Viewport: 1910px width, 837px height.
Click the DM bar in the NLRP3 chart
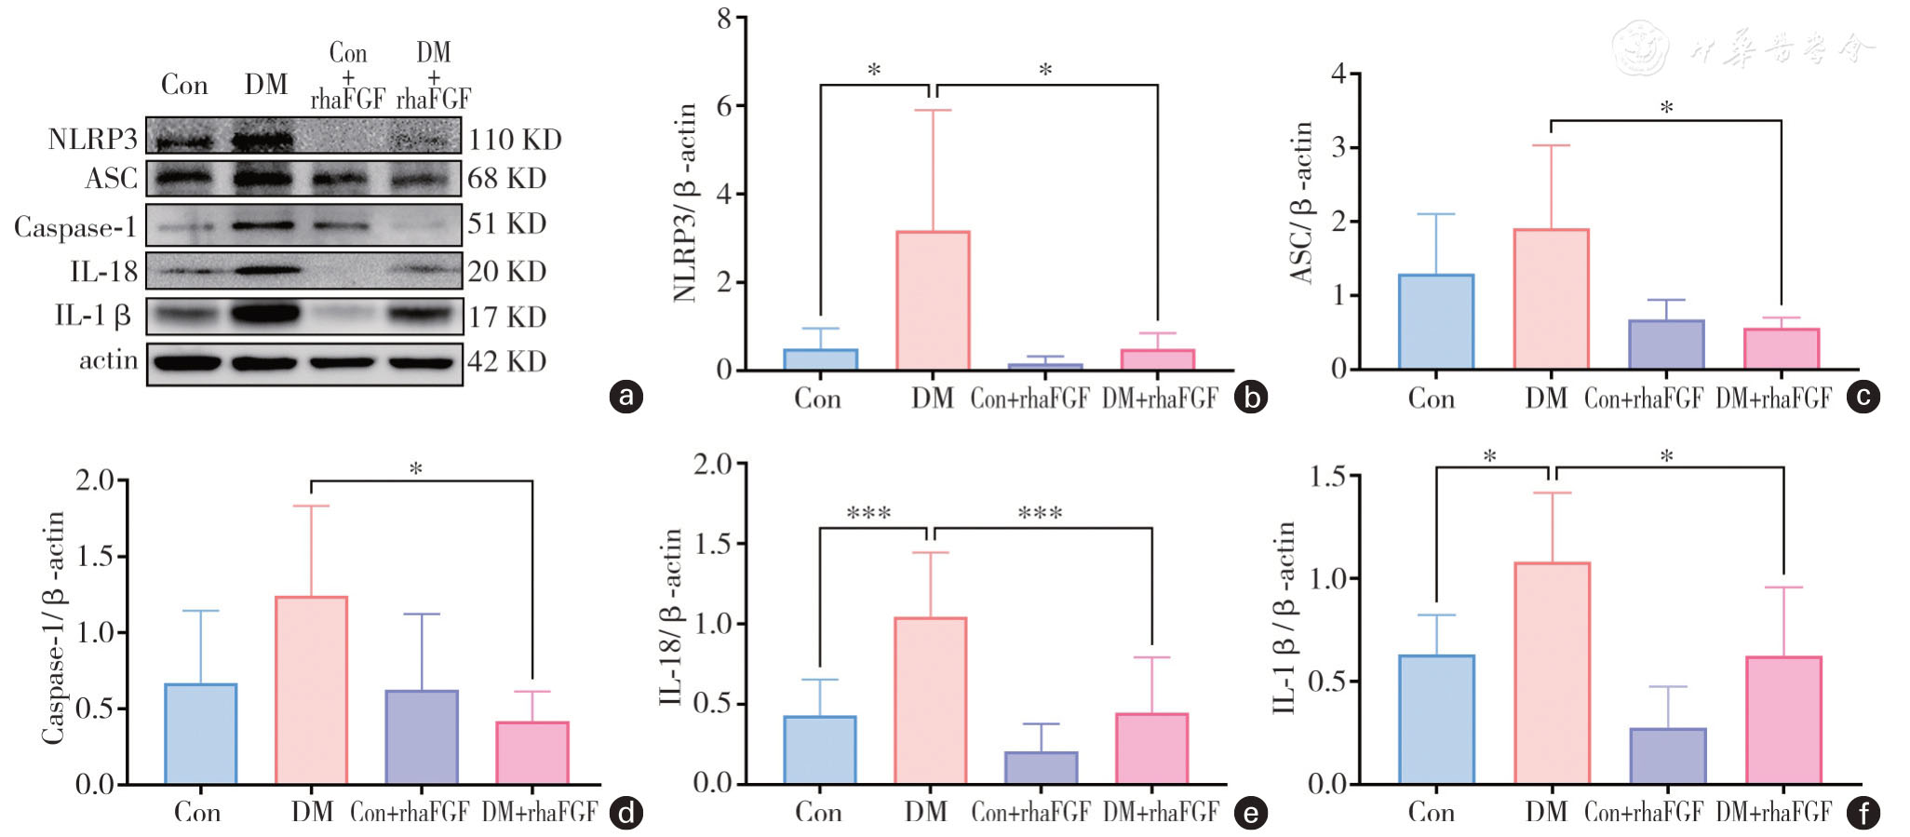coord(933,300)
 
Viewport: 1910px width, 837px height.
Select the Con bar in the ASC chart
coord(1435,321)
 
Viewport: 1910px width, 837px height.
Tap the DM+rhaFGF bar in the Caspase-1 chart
coord(532,752)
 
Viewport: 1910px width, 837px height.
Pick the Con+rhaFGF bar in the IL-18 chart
coord(1041,767)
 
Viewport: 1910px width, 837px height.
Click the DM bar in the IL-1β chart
coord(1552,672)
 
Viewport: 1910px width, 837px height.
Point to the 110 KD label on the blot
coord(515,140)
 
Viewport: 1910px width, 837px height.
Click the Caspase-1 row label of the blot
coord(74,227)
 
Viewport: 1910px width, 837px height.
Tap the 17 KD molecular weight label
coord(506,317)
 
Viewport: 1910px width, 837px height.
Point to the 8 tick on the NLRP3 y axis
coord(724,18)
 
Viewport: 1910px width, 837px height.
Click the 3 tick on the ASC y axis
coord(1338,147)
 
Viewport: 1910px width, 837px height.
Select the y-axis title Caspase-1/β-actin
coord(54,628)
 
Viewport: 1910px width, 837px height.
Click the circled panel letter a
coord(625,397)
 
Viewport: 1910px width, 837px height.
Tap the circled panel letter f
coord(1863,813)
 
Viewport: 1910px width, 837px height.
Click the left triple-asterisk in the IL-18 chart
coord(868,513)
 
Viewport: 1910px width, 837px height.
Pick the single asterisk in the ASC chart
coord(1666,109)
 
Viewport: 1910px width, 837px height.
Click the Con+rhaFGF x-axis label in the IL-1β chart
coord(1643,813)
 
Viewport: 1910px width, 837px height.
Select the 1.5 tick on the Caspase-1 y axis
coord(95,557)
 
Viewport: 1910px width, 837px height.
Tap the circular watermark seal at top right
coord(1640,47)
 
